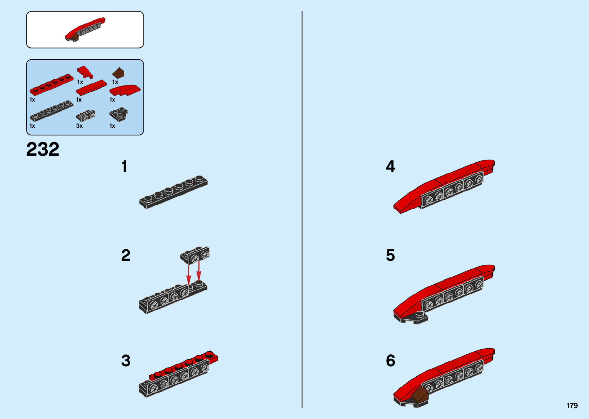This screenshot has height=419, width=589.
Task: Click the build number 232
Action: pos(43,149)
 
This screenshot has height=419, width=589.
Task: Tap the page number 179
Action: pos(572,406)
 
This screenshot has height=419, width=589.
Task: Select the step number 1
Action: pos(124,167)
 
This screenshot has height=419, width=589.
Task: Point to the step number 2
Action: pos(126,255)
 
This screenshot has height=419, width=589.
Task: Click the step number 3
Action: pos(126,361)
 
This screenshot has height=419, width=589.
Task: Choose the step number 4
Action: pos(390,167)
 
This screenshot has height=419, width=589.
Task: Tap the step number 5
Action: pos(390,255)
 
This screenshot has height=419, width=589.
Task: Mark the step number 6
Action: pos(390,361)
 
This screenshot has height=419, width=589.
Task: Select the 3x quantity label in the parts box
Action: pos(80,126)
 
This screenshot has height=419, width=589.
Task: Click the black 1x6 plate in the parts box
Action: pos(51,111)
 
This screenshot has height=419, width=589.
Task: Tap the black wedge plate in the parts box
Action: pos(118,114)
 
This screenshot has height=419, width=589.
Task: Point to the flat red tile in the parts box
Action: pos(92,87)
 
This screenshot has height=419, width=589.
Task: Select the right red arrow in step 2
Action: pos(199,271)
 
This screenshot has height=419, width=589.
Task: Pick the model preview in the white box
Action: pos(85,30)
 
